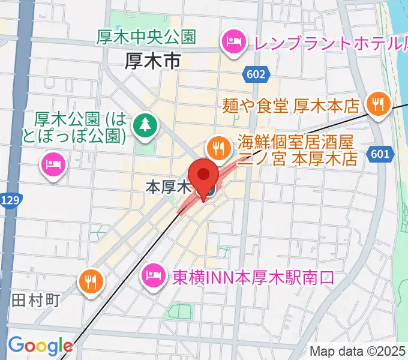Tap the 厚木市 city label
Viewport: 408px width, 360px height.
pyautogui.click(x=154, y=60)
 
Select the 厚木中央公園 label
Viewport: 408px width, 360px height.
pyautogui.click(x=146, y=37)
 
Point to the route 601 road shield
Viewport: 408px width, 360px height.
pyautogui.click(x=379, y=155)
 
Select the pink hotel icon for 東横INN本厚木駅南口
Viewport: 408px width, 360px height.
pyautogui.click(x=151, y=276)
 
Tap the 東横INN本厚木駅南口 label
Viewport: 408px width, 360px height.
pyautogui.click(x=253, y=278)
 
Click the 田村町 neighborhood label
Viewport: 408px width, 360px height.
pyautogui.click(x=36, y=299)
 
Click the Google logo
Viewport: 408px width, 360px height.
pyautogui.click(x=40, y=346)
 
